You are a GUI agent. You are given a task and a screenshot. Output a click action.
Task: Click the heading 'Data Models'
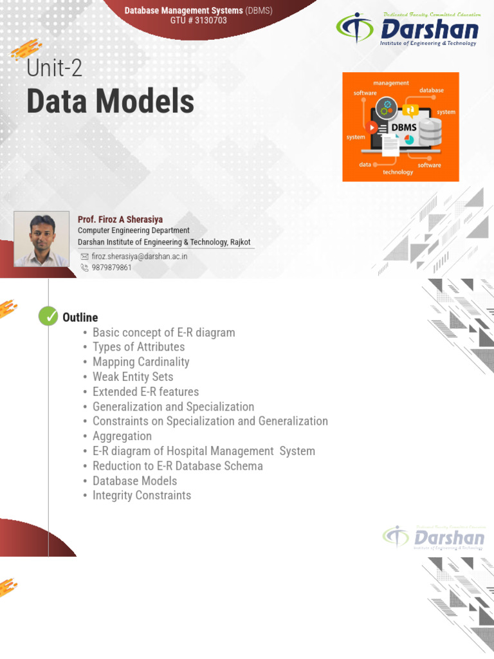pos(110,102)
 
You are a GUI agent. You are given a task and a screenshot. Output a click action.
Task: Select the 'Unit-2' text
pos(54,68)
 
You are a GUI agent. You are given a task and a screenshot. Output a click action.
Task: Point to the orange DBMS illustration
pos(400,127)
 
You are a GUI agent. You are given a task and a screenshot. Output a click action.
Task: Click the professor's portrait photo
pos(41,239)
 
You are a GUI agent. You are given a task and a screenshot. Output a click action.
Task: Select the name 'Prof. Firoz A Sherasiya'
pos(120,219)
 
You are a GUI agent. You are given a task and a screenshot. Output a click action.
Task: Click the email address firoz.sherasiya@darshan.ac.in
pos(139,255)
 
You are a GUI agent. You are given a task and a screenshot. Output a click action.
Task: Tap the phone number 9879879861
pos(111,267)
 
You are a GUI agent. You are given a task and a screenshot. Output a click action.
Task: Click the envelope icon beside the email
pos(84,255)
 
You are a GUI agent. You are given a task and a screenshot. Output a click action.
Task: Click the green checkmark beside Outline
pos(48,317)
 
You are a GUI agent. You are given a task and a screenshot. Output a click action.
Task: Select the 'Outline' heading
pos(80,317)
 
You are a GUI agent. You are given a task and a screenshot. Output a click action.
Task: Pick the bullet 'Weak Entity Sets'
pos(133,376)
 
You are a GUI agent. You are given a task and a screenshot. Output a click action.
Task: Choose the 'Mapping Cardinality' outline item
pos(141,362)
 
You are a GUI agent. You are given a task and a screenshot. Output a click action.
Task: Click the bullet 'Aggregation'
pos(122,436)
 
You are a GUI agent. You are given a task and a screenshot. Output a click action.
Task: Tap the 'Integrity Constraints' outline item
pos(142,495)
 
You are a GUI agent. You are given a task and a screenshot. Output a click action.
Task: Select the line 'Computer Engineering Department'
pos(134,230)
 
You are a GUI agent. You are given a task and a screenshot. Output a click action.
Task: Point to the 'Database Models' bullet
pos(134,480)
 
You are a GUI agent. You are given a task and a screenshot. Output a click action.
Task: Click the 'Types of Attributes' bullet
pos(138,347)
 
